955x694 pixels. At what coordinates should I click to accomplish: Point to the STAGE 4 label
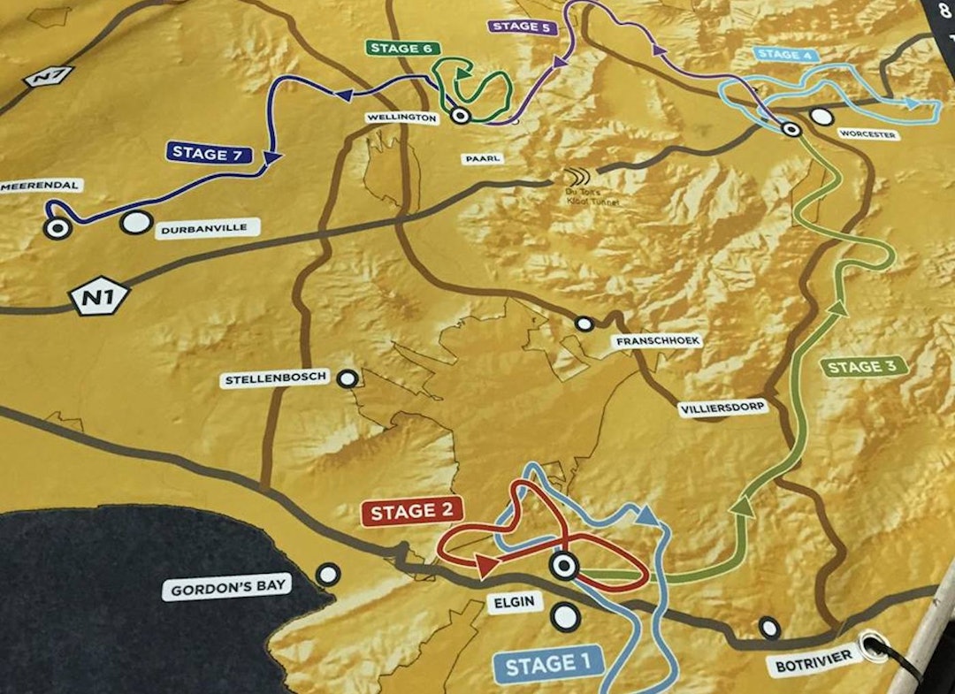pyautogui.click(x=784, y=55)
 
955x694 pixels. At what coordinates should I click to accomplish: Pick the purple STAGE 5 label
pyautogui.click(x=522, y=27)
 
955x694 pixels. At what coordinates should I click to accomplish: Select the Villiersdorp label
pyautogui.click(x=722, y=409)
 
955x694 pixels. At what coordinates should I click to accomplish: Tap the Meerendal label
pyautogui.click(x=42, y=186)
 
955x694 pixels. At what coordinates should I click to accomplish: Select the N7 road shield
pyautogui.click(x=42, y=78)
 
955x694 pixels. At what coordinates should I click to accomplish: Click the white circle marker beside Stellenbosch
pyautogui.click(x=349, y=378)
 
